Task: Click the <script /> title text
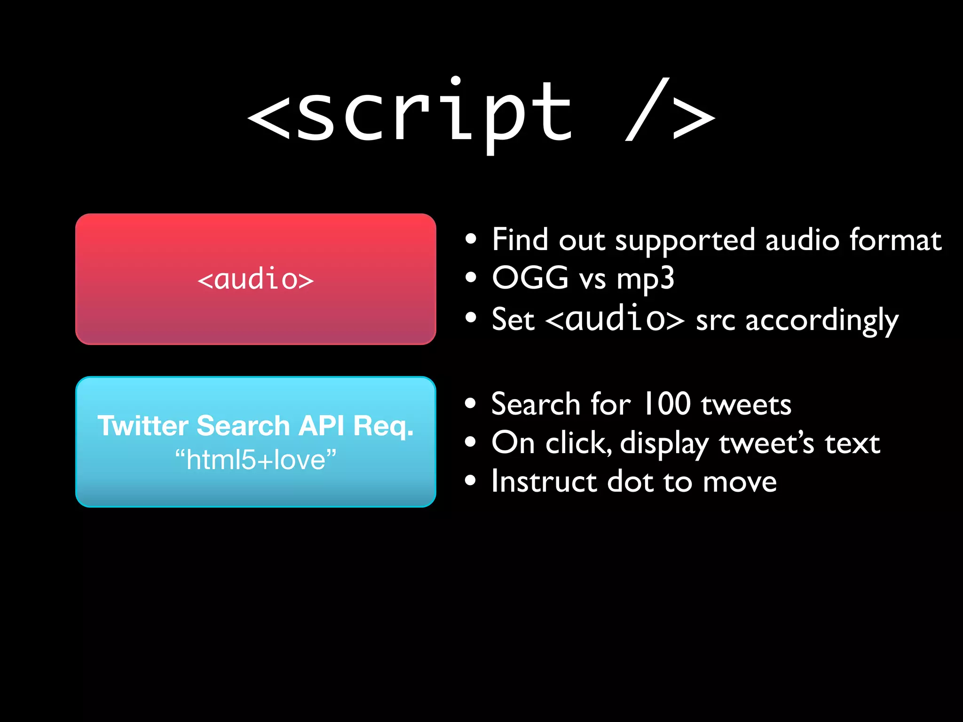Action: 481,113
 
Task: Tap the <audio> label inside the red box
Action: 255,279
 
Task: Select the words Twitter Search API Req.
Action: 255,426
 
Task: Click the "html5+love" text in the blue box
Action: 255,459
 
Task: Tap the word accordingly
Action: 822,321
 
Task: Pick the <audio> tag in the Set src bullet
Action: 615,319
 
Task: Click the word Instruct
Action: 544,481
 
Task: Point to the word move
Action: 740,482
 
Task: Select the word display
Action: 664,444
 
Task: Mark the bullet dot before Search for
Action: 470,403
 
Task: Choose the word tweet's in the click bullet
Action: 766,443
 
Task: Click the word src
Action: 715,321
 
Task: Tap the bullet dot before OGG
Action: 470,277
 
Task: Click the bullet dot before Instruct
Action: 470,481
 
